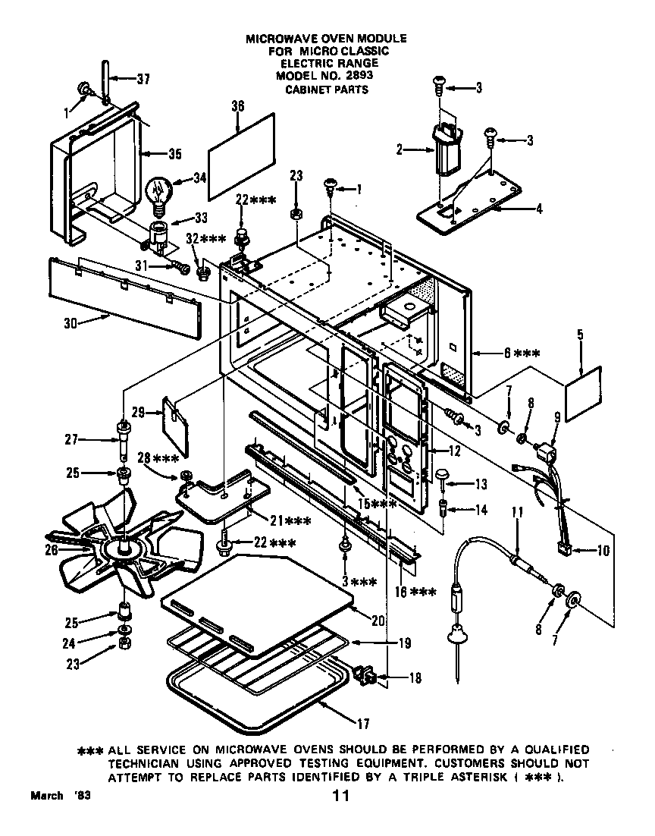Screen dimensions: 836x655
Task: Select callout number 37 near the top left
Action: click(x=143, y=78)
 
